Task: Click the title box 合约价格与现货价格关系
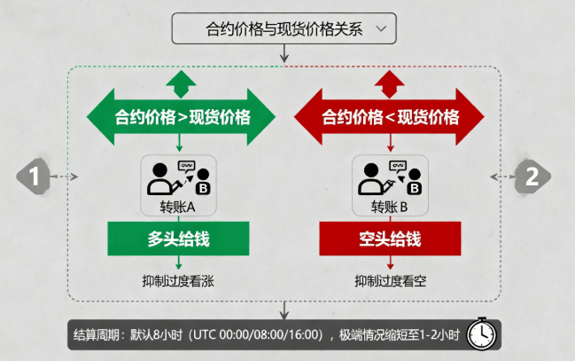coord(284,27)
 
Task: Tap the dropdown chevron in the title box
coord(381,27)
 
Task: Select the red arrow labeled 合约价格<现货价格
coord(390,117)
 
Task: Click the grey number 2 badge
coord(531,177)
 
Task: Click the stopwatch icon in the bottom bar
coord(481,334)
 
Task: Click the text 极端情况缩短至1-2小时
coord(400,335)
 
